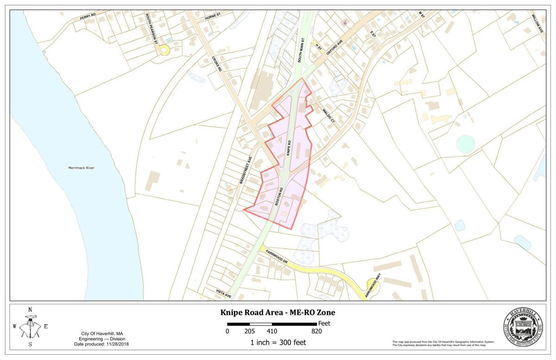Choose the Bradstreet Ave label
[246, 170]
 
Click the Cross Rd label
[217, 63]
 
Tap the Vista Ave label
[223, 291]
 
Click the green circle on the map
[466, 144]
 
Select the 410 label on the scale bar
[272, 331]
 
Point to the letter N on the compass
[30, 310]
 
